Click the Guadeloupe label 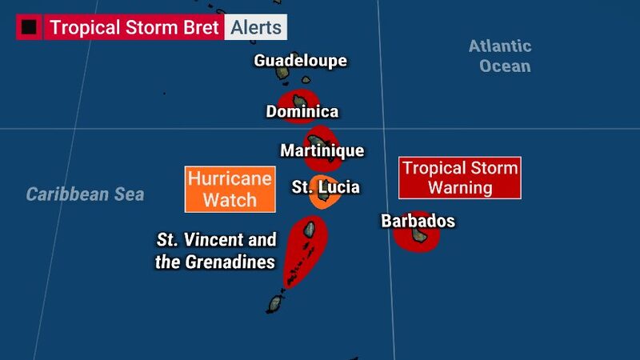(301, 61)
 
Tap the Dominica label (302, 112)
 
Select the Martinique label (322, 150)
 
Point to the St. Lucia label (326, 187)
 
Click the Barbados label (418, 221)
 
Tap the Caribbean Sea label (85, 194)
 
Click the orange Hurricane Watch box (229, 190)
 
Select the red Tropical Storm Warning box (460, 178)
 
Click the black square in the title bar (30, 27)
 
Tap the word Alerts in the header (256, 27)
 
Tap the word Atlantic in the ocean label (500, 46)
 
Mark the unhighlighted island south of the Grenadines (276, 303)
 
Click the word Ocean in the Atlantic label (505, 66)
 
